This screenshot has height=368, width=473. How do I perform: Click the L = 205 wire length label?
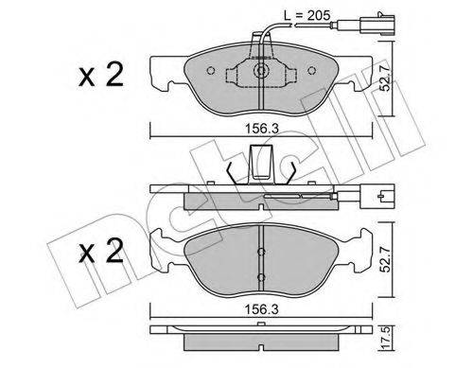(307, 15)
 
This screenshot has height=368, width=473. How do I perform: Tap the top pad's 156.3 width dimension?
(262, 129)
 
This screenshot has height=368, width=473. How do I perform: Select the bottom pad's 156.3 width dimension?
(262, 309)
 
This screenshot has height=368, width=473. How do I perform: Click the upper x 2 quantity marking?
(101, 75)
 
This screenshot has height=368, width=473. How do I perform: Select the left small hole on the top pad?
(211, 70)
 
